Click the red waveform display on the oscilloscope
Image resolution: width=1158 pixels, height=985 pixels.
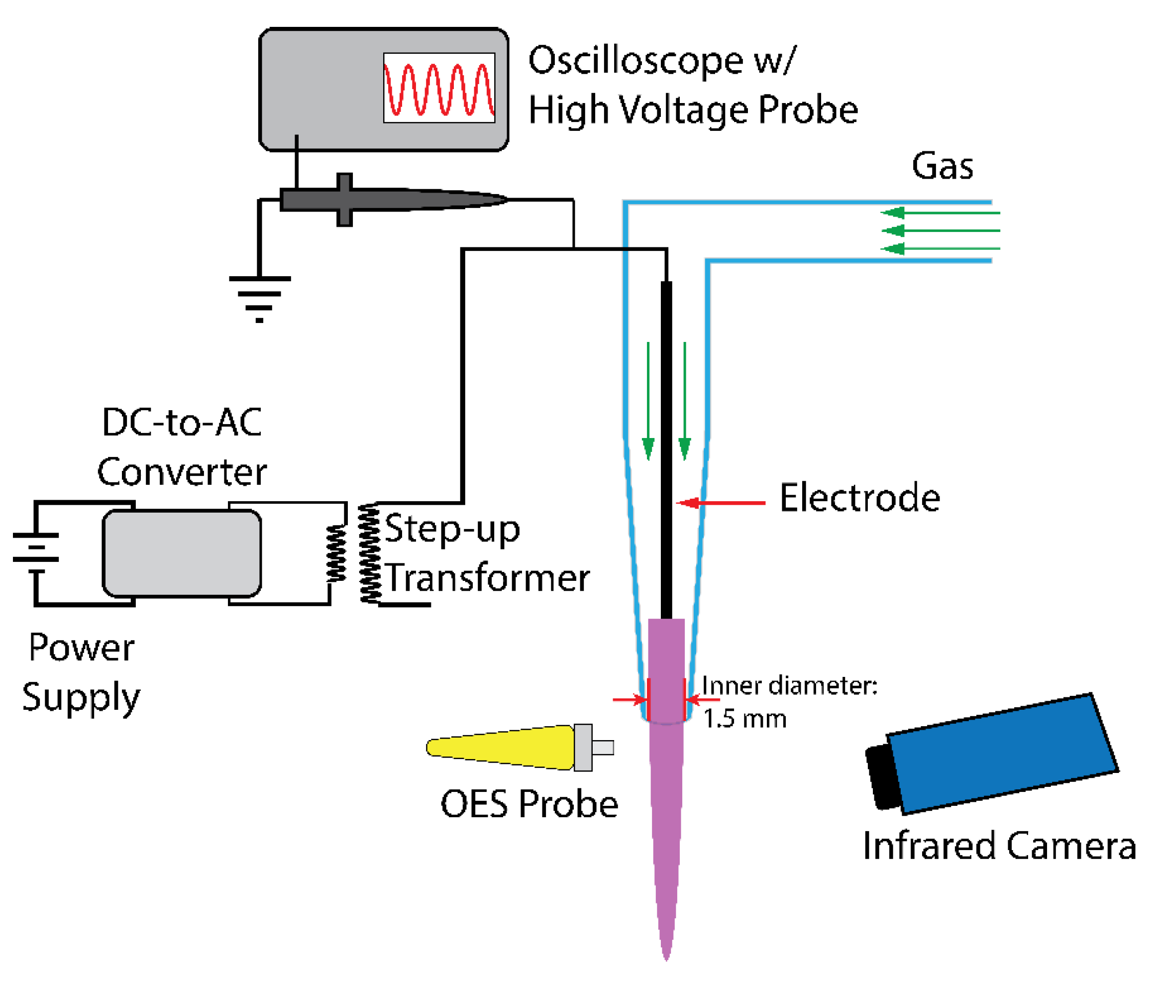(x=438, y=88)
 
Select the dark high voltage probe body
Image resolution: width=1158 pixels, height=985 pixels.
(x=391, y=200)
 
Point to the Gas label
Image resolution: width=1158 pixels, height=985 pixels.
(x=942, y=166)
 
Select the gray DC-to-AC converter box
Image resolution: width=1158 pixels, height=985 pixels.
(x=182, y=553)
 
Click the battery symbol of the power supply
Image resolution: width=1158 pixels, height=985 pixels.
(x=36, y=547)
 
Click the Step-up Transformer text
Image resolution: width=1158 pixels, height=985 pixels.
(x=486, y=553)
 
